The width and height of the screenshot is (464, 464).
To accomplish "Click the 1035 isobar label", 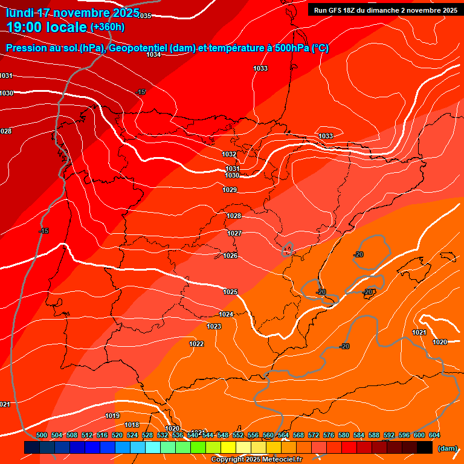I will [144, 16].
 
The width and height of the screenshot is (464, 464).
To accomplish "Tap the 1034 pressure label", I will [153, 55].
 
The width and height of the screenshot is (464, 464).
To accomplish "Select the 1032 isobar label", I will [229, 155].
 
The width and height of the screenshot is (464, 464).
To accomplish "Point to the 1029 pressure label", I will [230, 190].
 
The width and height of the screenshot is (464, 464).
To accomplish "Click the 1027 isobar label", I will [234, 233].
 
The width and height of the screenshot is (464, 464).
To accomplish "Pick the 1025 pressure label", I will [230, 292].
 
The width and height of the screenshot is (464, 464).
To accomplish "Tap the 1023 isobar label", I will [214, 326].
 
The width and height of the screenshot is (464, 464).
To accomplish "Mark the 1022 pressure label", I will [196, 344].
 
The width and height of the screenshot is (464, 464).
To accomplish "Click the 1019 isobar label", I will [112, 416].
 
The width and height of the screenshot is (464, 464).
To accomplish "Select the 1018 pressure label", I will [132, 425].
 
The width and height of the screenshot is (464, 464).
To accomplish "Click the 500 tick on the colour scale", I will [42, 435].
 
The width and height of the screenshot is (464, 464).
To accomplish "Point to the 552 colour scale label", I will [238, 435].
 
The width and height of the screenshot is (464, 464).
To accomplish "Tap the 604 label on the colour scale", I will [434, 435].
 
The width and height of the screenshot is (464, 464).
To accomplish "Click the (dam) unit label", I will [447, 448].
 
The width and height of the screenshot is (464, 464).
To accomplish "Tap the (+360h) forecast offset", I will [108, 27].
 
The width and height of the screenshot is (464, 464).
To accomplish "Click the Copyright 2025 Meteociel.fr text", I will [258, 460].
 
